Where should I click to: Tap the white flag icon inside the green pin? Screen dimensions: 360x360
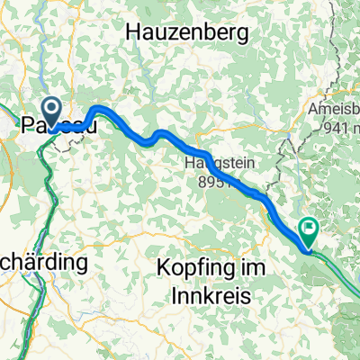(x=310, y=229)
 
